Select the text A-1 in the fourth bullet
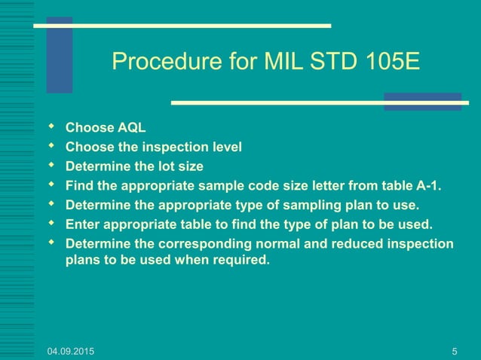click(427, 185)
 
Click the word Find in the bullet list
click(78, 185)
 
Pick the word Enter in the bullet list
click(81, 224)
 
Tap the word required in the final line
click(242, 261)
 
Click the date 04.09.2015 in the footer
click(71, 351)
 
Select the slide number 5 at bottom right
click(455, 351)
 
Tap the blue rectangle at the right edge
click(422, 102)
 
